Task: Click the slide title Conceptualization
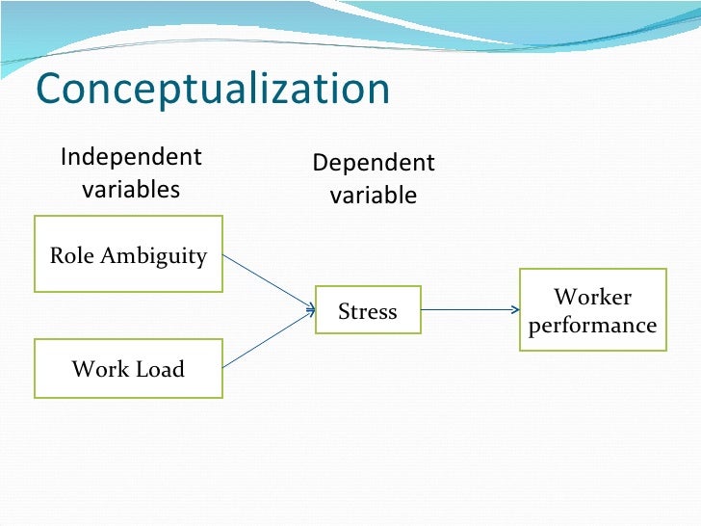(x=213, y=90)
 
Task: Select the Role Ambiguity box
(x=128, y=253)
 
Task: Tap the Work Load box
(x=128, y=368)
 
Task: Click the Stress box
(x=368, y=310)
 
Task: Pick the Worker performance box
(x=592, y=310)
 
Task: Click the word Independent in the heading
(x=131, y=157)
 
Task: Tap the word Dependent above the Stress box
(x=374, y=163)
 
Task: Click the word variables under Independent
(x=131, y=189)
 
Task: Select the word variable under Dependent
(x=374, y=196)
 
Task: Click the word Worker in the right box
(x=592, y=297)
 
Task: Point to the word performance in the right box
(x=592, y=326)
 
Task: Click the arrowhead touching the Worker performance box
(x=514, y=310)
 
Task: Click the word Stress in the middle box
(x=368, y=311)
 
